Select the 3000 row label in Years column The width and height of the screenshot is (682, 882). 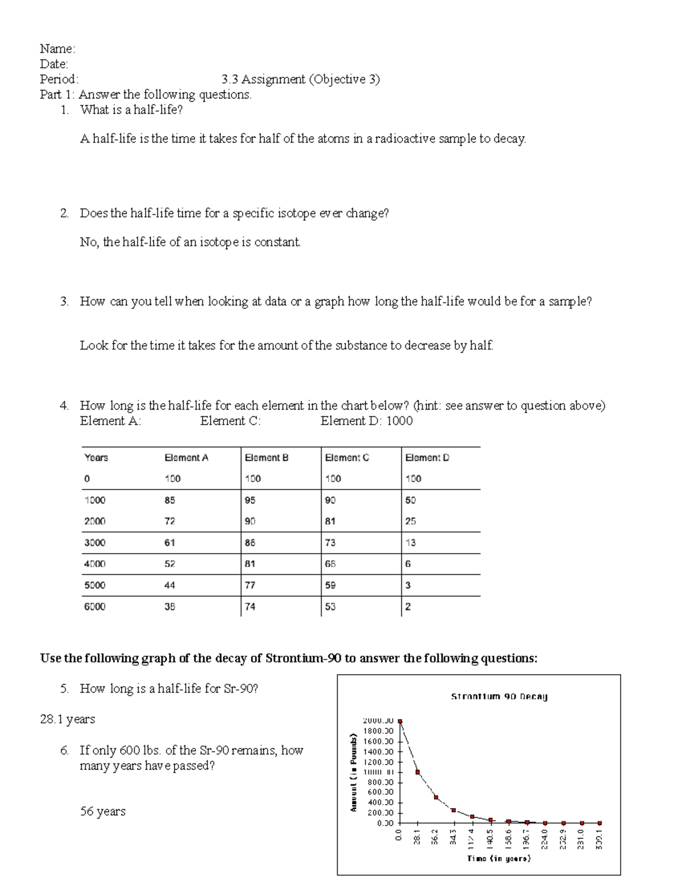(x=94, y=543)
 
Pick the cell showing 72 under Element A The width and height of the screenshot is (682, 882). (x=169, y=521)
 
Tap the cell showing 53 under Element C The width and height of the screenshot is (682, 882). (x=330, y=607)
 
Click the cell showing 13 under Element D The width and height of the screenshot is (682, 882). (x=410, y=543)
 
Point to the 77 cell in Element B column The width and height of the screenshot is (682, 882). (x=249, y=586)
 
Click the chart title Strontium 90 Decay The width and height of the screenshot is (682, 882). (x=499, y=696)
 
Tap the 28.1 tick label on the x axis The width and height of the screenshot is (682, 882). (x=417, y=837)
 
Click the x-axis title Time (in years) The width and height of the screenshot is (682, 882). (x=498, y=859)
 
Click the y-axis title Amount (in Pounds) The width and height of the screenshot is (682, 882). (x=354, y=772)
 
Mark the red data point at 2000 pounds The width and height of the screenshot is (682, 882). (x=400, y=721)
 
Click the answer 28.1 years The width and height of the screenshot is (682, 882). (x=67, y=720)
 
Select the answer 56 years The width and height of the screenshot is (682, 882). (x=102, y=812)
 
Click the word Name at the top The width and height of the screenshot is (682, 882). (x=56, y=49)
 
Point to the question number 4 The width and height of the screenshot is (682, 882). (x=64, y=406)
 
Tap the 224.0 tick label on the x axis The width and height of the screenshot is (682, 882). (x=545, y=837)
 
